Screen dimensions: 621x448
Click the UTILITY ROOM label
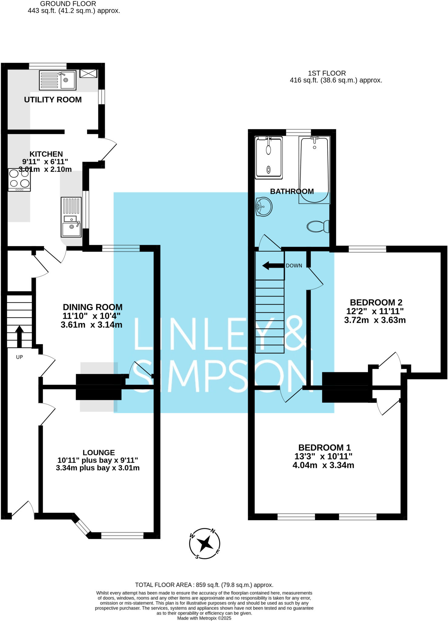tap(53, 100)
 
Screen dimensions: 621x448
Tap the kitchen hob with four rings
tap(19, 180)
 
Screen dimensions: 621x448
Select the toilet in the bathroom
tap(318, 226)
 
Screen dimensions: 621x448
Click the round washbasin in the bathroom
tap(264, 206)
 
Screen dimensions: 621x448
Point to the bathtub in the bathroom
tap(314, 170)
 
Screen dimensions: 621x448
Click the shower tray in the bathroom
tap(269, 158)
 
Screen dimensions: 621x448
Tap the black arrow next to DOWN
tap(273, 266)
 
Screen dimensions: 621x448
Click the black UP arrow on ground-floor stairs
tap(19, 336)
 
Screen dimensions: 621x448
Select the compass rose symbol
tap(205, 543)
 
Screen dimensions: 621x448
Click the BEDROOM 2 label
tap(376, 302)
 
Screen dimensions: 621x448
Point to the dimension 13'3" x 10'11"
tap(323, 456)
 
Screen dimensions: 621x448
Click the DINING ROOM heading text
tap(92, 307)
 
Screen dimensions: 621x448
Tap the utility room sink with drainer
tap(58, 80)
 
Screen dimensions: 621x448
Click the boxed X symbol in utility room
tap(89, 73)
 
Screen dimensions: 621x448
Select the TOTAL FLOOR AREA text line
tap(204, 585)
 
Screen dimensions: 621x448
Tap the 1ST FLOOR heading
tap(327, 73)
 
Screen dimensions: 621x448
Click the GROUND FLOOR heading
tap(68, 4)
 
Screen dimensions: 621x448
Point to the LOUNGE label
tap(99, 453)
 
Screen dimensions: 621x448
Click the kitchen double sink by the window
tap(71, 217)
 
